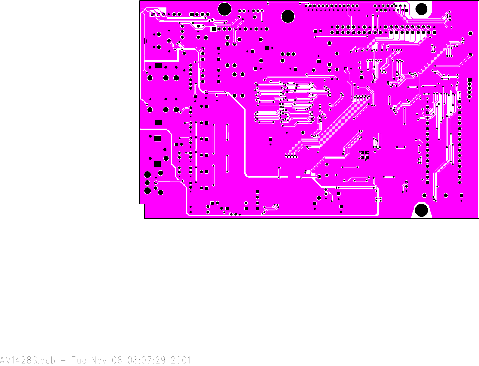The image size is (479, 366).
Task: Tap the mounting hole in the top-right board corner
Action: coord(421,9)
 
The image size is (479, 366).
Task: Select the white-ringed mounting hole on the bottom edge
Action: coord(421,210)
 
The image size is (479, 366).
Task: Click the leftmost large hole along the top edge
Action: coord(224,9)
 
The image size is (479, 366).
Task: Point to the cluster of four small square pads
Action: coord(364,155)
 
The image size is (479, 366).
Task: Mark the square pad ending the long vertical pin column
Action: coord(427,183)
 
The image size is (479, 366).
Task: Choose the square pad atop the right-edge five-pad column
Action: coord(470,80)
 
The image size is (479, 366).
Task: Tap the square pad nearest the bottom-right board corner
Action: coord(461,195)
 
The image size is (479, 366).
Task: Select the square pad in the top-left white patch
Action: coord(153,14)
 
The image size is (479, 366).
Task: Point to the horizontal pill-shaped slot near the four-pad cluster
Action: coord(401,147)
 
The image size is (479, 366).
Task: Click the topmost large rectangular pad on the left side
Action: coord(158,65)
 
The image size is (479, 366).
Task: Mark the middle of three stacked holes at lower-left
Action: coord(147,183)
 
